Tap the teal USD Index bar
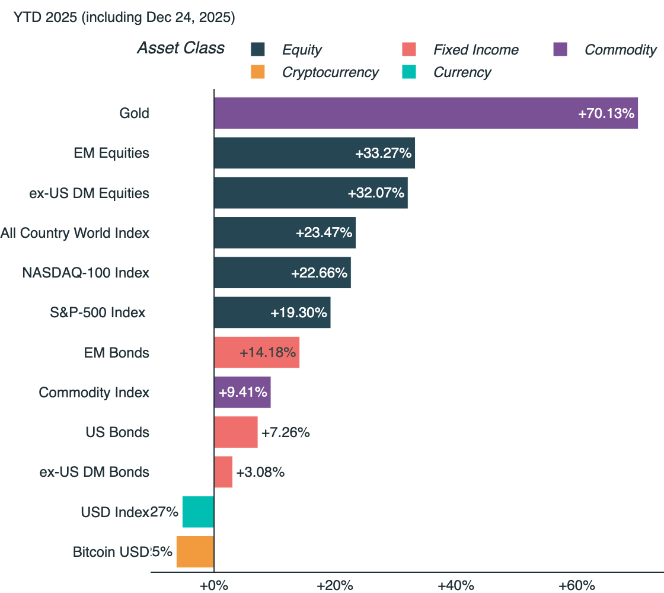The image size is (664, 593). click(198, 512)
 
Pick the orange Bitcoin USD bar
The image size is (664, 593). click(195, 551)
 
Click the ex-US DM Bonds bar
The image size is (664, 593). click(223, 472)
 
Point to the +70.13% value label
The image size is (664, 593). click(606, 113)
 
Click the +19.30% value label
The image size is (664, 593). click(299, 313)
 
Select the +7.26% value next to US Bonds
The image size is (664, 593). click(286, 432)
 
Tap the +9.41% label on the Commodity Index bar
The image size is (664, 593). click(243, 393)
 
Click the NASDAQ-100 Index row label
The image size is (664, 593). click(85, 273)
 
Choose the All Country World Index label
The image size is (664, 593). click(75, 233)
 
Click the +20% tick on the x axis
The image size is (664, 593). click(335, 586)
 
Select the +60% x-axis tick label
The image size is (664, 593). click(576, 586)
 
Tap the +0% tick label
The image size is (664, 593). click(214, 586)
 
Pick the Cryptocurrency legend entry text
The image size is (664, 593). click(330, 72)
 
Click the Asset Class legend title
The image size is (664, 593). click(181, 48)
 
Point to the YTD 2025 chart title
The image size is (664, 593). click(124, 18)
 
